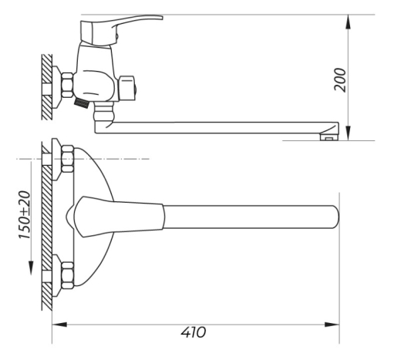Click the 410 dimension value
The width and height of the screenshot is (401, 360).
194,332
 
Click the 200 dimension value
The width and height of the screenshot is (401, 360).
340,79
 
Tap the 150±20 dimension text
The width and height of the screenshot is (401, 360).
25,215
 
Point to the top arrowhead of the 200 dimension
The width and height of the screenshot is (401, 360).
348,22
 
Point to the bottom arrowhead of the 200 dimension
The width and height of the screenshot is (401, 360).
348,133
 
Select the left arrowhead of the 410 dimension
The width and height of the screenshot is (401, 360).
59,325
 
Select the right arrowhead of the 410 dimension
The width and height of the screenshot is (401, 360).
332,325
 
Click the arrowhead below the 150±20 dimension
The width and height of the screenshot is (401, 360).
31,268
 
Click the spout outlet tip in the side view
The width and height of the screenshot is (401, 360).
329,137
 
